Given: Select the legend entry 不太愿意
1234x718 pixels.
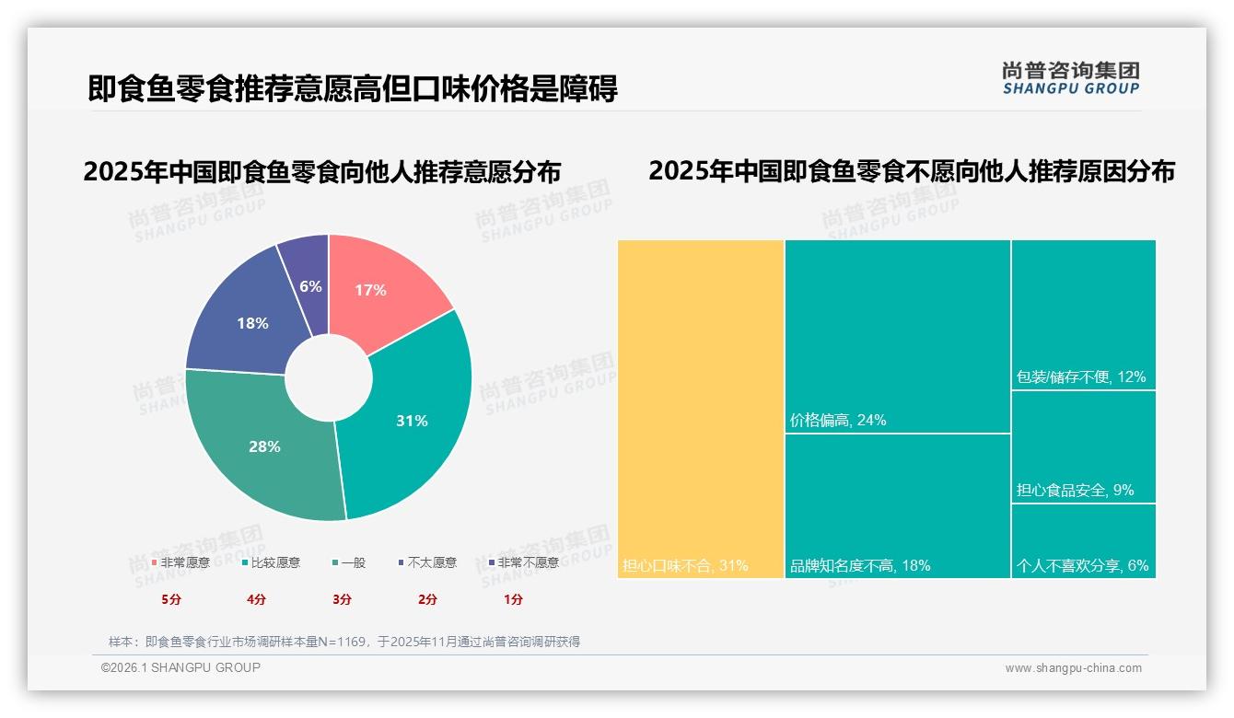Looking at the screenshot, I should (431, 562).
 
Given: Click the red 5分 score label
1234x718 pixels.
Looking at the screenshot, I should (171, 599).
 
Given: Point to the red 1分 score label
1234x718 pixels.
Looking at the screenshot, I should (513, 599).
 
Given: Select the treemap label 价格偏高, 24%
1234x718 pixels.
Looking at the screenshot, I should (838, 421).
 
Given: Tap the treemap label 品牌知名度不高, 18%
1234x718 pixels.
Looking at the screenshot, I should (860, 566).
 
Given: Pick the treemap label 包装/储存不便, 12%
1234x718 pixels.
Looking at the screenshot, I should (1080, 377).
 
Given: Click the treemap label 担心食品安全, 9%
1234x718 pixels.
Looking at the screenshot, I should (1075, 491).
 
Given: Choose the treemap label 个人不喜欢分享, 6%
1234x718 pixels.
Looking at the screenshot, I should (1082, 566).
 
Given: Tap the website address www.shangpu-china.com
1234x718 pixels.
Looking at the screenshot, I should (1073, 668).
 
